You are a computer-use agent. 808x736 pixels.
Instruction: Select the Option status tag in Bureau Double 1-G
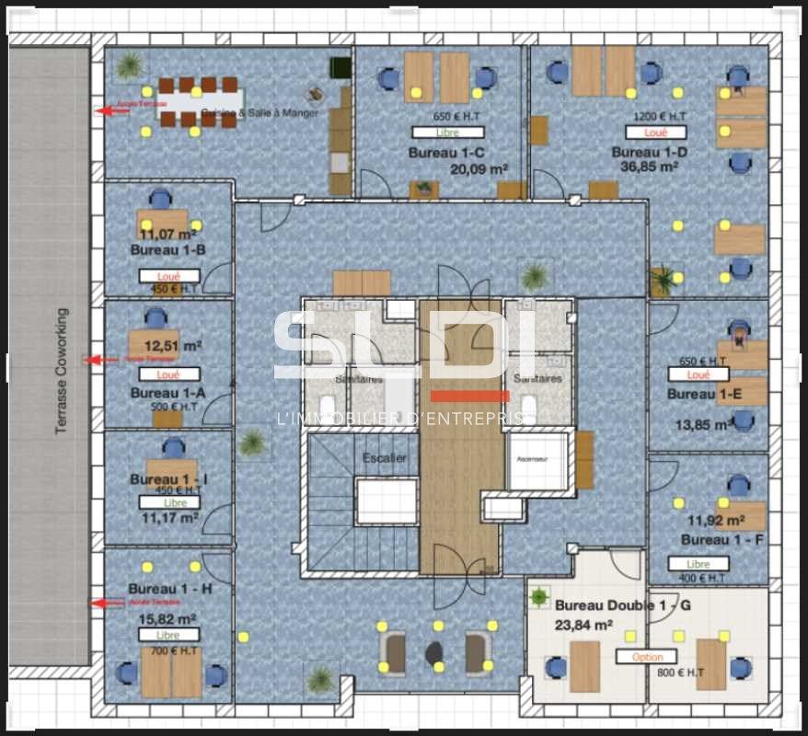click(x=647, y=657)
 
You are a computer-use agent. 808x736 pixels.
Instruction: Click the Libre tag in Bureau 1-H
click(x=168, y=635)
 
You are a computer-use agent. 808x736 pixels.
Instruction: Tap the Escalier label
click(x=384, y=458)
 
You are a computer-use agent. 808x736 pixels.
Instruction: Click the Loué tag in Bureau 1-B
click(x=168, y=275)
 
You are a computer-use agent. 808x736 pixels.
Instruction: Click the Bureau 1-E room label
click(x=704, y=394)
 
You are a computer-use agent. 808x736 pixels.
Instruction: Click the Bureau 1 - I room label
click(x=168, y=479)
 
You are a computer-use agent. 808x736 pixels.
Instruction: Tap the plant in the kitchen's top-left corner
click(x=130, y=64)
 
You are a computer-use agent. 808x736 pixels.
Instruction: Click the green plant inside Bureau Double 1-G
click(x=539, y=597)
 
